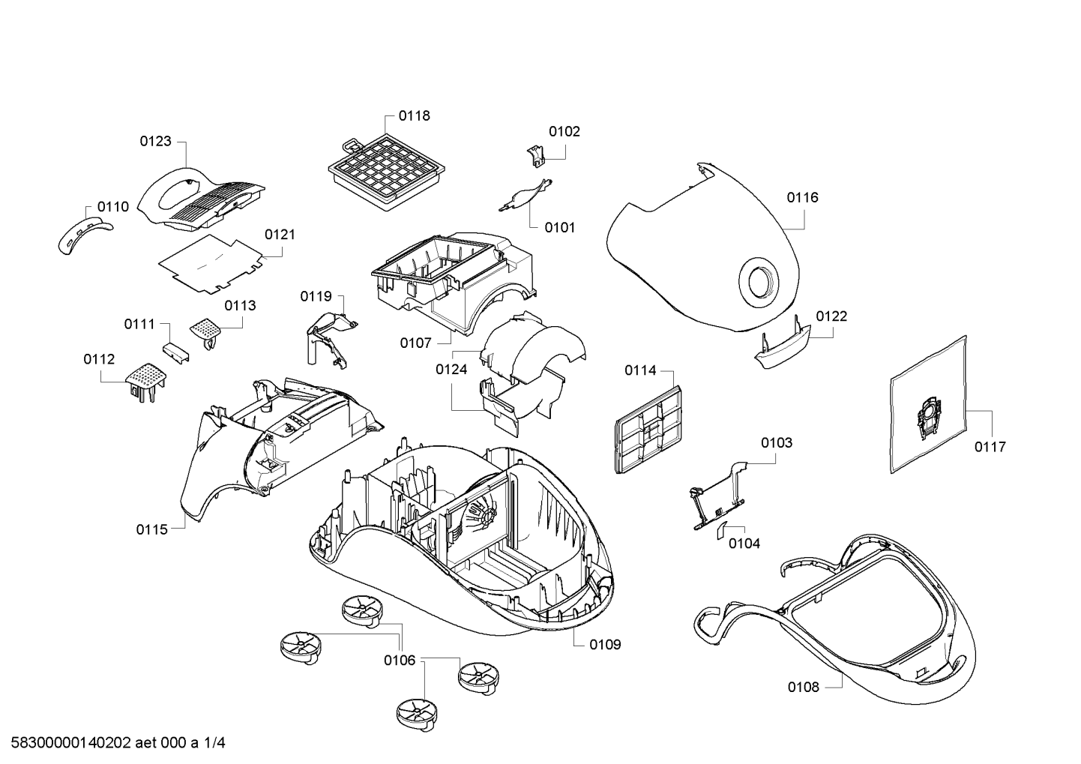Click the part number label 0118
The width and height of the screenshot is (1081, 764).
pyautogui.click(x=414, y=115)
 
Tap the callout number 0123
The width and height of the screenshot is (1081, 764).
pyautogui.click(x=155, y=141)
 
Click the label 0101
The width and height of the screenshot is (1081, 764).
pyautogui.click(x=560, y=227)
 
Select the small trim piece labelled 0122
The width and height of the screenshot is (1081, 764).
pyautogui.click(x=783, y=343)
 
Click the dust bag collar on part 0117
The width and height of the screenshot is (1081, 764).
pyautogui.click(x=928, y=415)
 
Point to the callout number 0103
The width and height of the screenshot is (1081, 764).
pyautogui.click(x=777, y=442)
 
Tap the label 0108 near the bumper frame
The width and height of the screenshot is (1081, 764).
pyautogui.click(x=804, y=688)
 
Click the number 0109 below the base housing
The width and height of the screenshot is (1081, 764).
pyautogui.click(x=605, y=645)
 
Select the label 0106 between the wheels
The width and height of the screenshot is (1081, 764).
pyautogui.click(x=400, y=661)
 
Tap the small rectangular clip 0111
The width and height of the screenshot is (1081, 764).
pyautogui.click(x=175, y=352)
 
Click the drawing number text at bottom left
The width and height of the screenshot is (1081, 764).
pyautogui.click(x=118, y=743)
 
